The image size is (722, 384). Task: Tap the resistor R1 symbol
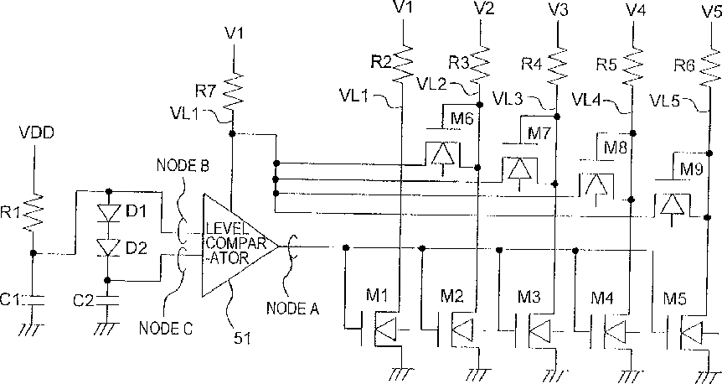click(x=34, y=211)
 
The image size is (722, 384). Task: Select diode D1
click(x=109, y=212)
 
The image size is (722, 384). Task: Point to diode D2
click(x=109, y=246)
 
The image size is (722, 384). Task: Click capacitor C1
click(x=34, y=300)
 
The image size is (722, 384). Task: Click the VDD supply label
click(x=36, y=132)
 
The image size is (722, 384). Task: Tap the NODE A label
click(x=292, y=309)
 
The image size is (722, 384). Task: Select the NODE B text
click(x=183, y=165)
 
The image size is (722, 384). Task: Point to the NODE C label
click(x=165, y=328)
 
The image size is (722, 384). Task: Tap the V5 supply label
click(x=711, y=11)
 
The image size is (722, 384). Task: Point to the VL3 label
click(x=507, y=98)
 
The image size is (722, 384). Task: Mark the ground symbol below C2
click(x=108, y=328)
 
